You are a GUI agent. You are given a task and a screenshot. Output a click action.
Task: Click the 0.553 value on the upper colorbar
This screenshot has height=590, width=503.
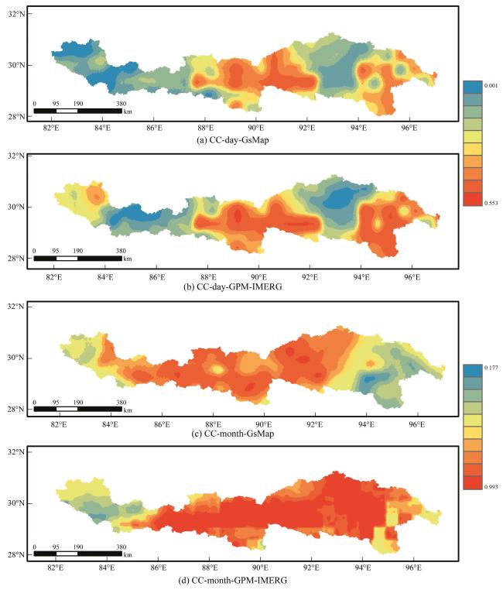point(478,201)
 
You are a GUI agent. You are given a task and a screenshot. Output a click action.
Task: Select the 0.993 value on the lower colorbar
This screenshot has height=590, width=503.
point(478,486)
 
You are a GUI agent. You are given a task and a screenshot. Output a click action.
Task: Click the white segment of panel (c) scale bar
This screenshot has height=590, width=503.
point(67,409)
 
